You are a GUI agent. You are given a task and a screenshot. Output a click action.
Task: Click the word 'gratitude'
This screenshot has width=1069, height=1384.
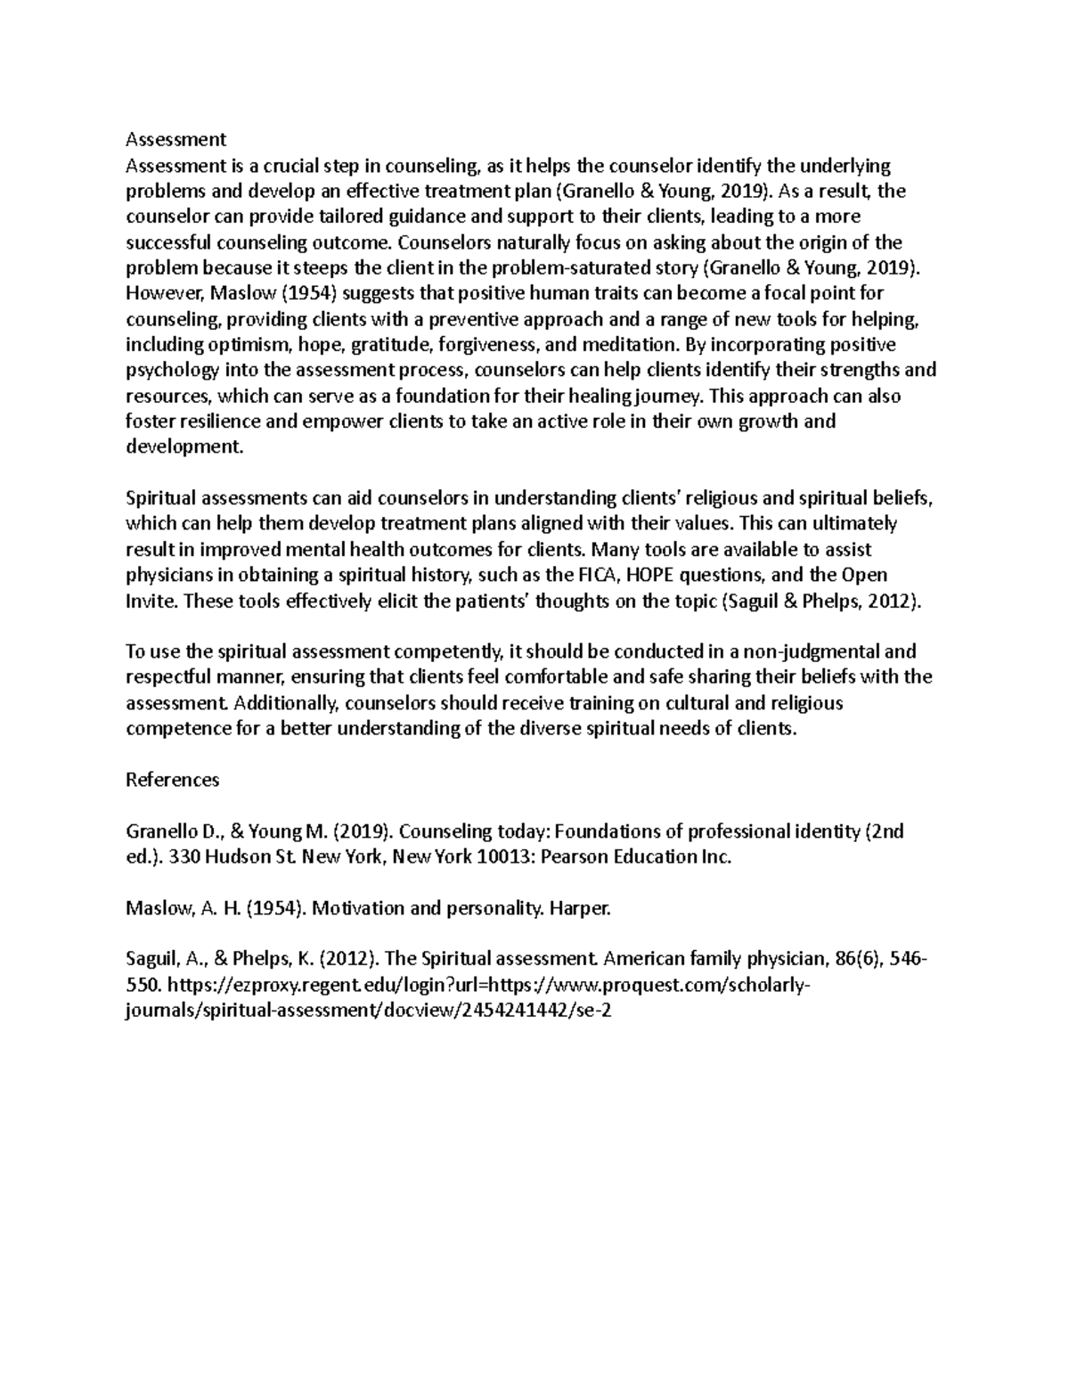pyautogui.click(x=388, y=345)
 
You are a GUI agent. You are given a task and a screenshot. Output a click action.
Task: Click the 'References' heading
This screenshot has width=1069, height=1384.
pyautogui.click(x=172, y=780)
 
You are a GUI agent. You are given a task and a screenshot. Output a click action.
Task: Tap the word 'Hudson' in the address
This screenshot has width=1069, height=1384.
pyautogui.click(x=237, y=857)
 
